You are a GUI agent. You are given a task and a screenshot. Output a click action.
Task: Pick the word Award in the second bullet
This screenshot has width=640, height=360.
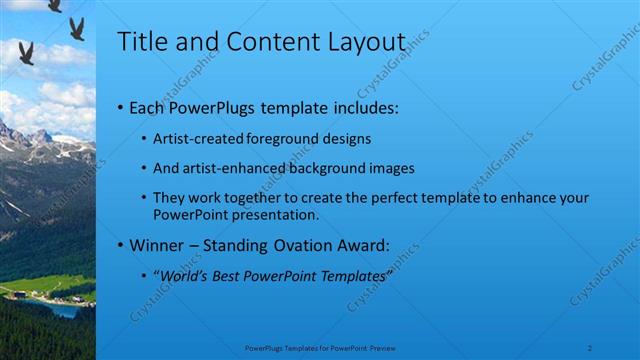pyautogui.click(x=388, y=245)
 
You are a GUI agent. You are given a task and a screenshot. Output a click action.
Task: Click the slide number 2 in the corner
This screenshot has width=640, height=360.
pyautogui.click(x=591, y=347)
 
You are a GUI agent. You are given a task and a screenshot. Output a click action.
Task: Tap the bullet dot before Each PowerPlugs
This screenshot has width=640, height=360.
pyautogui.click(x=121, y=106)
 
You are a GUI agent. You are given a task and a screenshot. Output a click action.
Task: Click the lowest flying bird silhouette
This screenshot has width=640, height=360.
pyautogui.click(x=26, y=53)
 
